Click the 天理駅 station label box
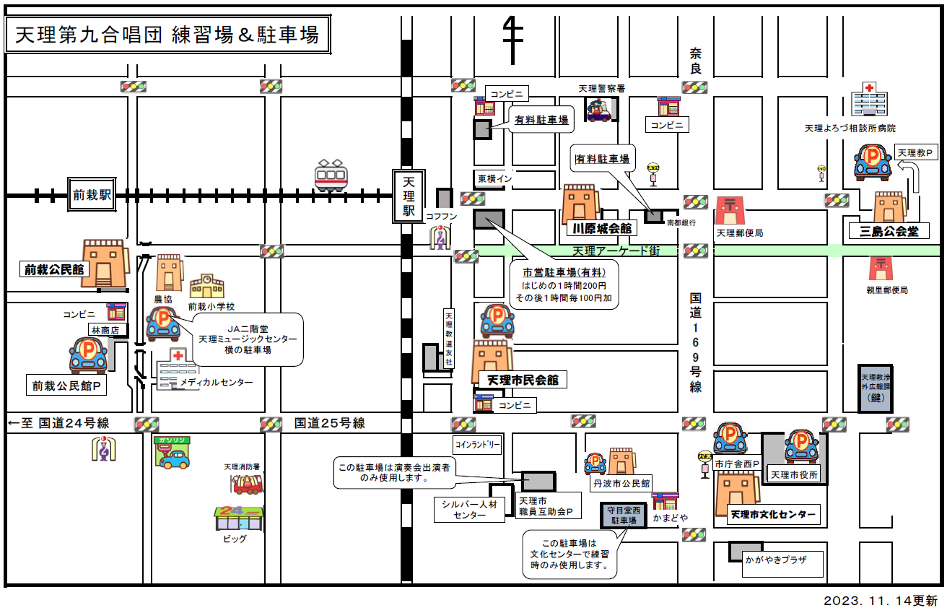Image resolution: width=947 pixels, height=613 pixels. pyautogui.click(x=409, y=196)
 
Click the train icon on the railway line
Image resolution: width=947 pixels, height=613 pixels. pyautogui.click(x=331, y=175)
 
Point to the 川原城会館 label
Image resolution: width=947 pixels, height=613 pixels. pyautogui.click(x=601, y=228)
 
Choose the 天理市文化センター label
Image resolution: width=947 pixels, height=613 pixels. pyautogui.click(x=772, y=516)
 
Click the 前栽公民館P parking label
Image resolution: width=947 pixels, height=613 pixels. pyautogui.click(x=66, y=386)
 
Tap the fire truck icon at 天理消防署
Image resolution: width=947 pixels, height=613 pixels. pyautogui.click(x=248, y=483)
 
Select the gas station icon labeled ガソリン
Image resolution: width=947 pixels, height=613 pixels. pyautogui.click(x=171, y=453)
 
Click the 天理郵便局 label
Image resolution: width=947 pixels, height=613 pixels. pyautogui.click(x=739, y=233)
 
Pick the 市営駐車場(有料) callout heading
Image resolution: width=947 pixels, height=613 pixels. pyautogui.click(x=569, y=272)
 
